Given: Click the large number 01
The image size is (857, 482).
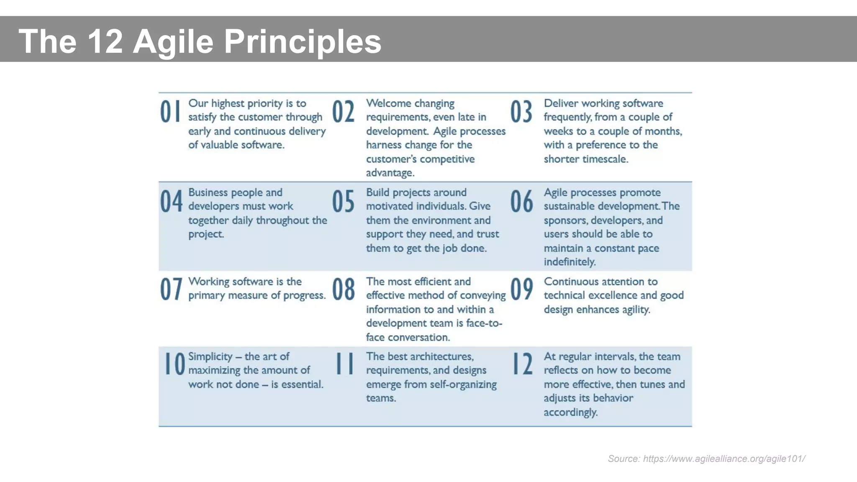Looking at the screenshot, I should tap(171, 112).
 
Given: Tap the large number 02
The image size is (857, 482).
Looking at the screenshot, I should tap(343, 112).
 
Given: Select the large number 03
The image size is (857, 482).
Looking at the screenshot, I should tap(521, 112).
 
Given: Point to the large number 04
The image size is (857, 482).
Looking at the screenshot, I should tap(171, 201).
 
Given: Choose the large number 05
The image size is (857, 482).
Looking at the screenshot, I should tap(343, 201).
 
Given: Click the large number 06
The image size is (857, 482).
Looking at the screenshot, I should tap(521, 201).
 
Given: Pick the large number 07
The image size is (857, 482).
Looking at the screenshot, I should tap(171, 290).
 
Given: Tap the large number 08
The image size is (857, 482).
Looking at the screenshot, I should tap(344, 290).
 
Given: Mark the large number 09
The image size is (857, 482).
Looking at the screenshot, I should tap(521, 290).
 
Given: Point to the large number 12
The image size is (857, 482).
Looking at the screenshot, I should tap(523, 364).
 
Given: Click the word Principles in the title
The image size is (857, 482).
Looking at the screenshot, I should tap(303, 41).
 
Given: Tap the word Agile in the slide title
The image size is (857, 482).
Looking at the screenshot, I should tap(173, 41).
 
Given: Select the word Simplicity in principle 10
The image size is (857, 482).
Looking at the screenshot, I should tap(210, 356).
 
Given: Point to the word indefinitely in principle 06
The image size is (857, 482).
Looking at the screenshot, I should tap(570, 262).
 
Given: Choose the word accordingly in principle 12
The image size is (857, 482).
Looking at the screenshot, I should tap(570, 412).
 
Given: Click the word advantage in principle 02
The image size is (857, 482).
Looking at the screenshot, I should tap(390, 173).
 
